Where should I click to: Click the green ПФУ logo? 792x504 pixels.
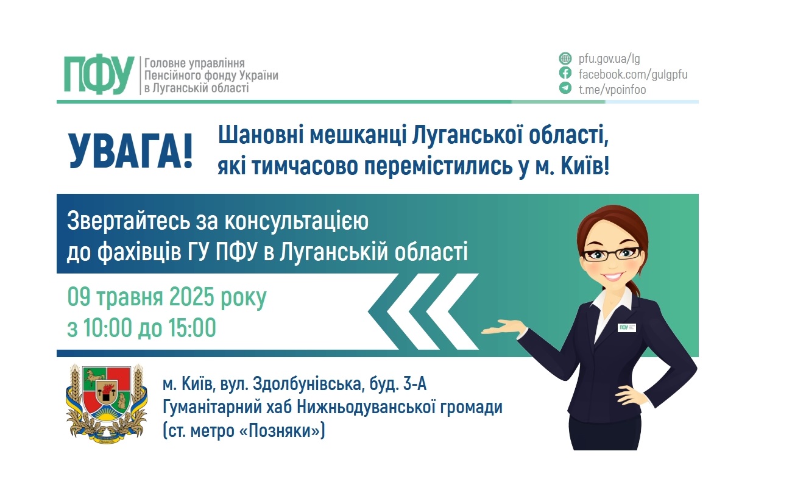point(99,75)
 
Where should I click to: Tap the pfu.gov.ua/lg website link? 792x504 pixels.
point(609,59)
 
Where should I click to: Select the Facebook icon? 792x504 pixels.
point(565,74)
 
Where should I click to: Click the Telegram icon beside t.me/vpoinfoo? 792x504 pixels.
point(565,89)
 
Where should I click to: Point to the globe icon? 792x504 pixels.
point(565,59)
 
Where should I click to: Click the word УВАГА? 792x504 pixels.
point(130,151)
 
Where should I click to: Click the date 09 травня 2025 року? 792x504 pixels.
point(167,298)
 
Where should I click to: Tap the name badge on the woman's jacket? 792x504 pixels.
point(627,327)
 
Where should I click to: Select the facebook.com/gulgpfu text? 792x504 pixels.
point(632,74)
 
